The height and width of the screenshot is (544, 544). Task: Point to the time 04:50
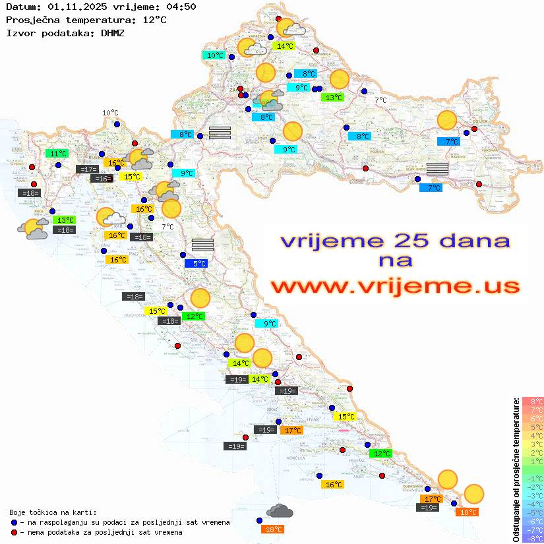(x=182, y=7)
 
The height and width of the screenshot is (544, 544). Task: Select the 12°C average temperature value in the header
(x=154, y=20)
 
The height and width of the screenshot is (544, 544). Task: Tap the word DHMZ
(x=113, y=32)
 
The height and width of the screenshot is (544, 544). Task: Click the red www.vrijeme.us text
(x=395, y=286)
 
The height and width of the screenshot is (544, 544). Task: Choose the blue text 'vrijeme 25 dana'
(x=395, y=241)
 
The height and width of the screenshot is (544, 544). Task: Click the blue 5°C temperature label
(x=199, y=264)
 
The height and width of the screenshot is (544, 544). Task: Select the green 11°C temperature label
(x=58, y=154)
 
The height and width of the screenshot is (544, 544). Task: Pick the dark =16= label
(x=101, y=179)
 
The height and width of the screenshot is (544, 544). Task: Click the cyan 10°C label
(x=215, y=55)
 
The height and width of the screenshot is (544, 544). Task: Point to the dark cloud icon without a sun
(x=280, y=511)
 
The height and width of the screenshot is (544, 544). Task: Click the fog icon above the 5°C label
(x=202, y=245)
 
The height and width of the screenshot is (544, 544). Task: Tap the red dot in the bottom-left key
(x=15, y=532)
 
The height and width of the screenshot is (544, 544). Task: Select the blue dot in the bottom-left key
(x=15, y=522)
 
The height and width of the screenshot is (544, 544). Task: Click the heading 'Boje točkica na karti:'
(x=53, y=512)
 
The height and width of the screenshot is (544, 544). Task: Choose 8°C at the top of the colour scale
(x=533, y=401)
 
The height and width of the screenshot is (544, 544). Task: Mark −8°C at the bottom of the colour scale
(x=533, y=538)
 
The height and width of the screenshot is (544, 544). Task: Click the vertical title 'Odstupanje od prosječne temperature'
(x=515, y=469)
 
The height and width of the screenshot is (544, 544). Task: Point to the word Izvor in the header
(x=19, y=32)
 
